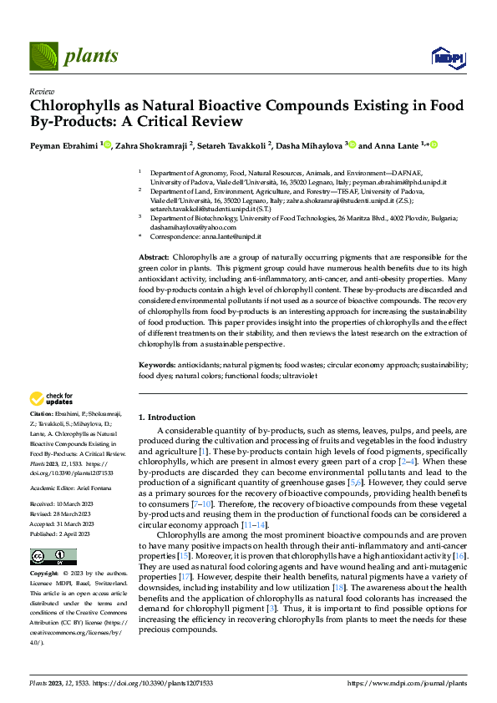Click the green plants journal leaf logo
43,56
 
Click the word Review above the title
42,92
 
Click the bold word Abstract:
154,257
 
